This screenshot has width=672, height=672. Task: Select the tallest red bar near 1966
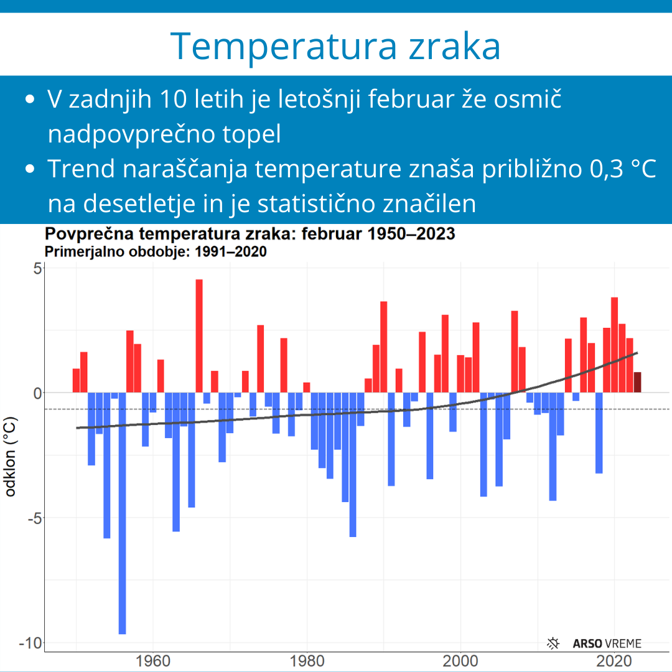click(199, 336)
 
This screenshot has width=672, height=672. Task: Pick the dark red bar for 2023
click(637, 382)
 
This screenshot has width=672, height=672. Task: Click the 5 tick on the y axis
click(37, 269)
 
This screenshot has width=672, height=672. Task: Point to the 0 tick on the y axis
click(37, 393)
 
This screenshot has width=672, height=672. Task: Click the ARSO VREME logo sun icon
click(553, 643)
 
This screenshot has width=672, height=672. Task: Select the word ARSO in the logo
click(586, 644)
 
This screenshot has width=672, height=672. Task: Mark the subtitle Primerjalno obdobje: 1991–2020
click(156, 251)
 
